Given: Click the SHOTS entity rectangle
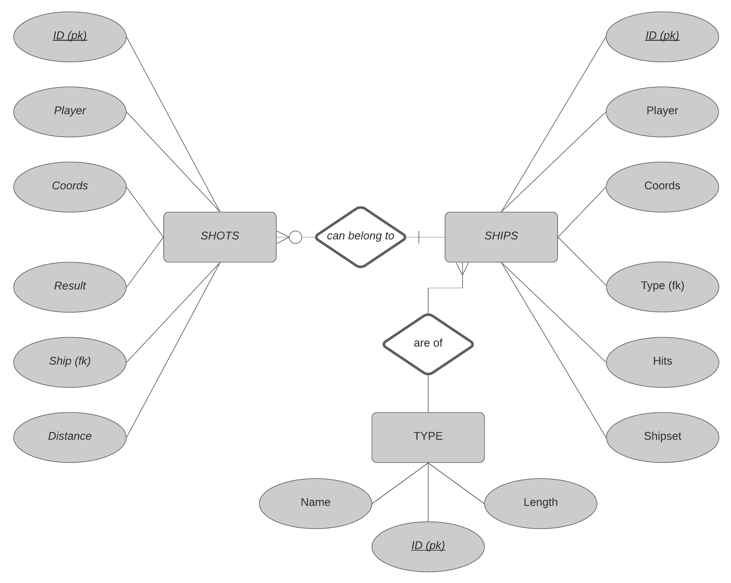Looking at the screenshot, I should pyautogui.click(x=220, y=237).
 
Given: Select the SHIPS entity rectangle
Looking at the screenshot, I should pyautogui.click(x=501, y=237).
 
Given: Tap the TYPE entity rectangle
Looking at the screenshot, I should pyautogui.click(x=428, y=437).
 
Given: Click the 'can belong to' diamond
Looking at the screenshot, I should pyautogui.click(x=360, y=237).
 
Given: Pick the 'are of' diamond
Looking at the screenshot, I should pyautogui.click(x=428, y=344).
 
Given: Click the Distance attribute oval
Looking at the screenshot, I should pyautogui.click(x=70, y=437).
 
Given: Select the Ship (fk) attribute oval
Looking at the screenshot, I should pyautogui.click(x=70, y=362).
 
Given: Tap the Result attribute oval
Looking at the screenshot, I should pyautogui.click(x=70, y=287).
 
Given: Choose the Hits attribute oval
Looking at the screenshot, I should pyautogui.click(x=663, y=362).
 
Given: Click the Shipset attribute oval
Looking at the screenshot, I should pyautogui.click(x=663, y=437).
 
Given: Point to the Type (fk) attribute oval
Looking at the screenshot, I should pyautogui.click(x=663, y=287).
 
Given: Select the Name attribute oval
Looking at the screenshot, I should pyautogui.click(x=315, y=503).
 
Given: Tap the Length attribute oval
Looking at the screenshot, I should pyautogui.click(x=541, y=503).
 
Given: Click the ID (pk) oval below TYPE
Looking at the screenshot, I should pyautogui.click(x=428, y=547).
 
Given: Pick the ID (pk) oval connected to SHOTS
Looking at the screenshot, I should pyautogui.click(x=70, y=37).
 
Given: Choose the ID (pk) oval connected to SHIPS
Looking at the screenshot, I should pyautogui.click(x=662, y=37).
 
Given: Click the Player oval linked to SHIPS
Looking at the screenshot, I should pyautogui.click(x=662, y=112).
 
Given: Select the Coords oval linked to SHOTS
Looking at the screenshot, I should pyautogui.click(x=70, y=187).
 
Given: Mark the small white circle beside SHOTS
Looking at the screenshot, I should pyautogui.click(x=295, y=237).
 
